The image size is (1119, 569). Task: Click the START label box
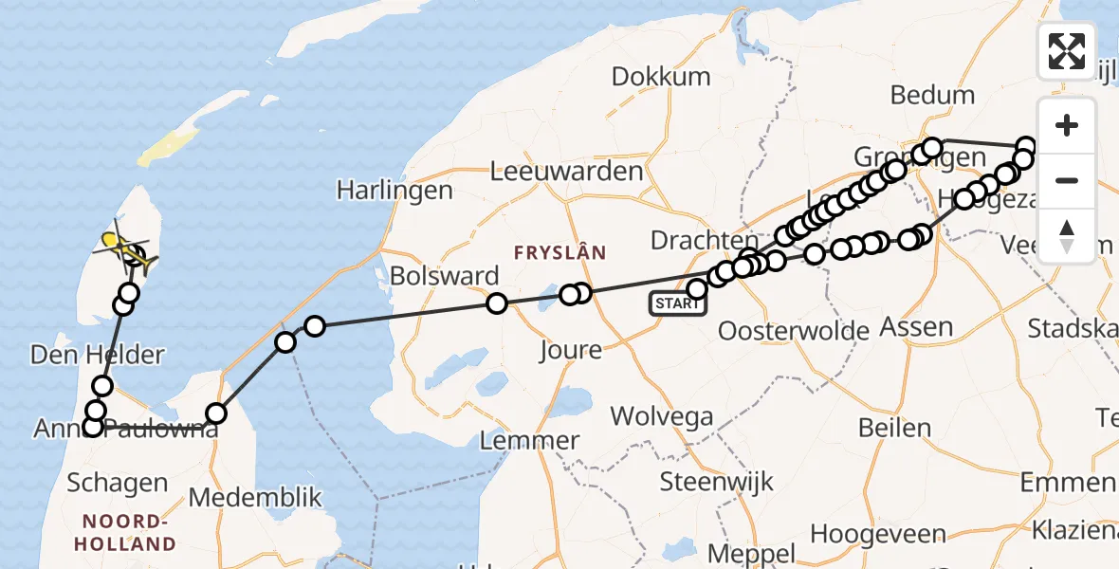click(678, 303)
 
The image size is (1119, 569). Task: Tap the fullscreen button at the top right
click(1067, 50)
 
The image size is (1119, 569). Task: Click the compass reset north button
click(1067, 235)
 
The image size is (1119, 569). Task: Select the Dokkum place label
click(661, 77)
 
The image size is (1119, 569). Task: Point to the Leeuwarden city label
click(567, 172)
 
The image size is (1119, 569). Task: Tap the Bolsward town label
click(444, 277)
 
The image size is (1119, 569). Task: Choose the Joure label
click(570, 350)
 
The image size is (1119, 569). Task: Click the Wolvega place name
click(661, 415)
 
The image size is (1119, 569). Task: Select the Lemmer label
click(530, 440)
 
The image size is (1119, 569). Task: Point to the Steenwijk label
click(705, 480)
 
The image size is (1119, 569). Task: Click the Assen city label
click(916, 327)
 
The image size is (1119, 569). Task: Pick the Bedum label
click(933, 95)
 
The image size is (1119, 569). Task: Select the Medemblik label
click(256, 498)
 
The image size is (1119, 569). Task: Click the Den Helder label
click(98, 355)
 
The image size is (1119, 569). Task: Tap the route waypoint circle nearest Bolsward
click(497, 303)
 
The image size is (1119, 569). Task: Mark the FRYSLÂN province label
click(559, 252)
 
